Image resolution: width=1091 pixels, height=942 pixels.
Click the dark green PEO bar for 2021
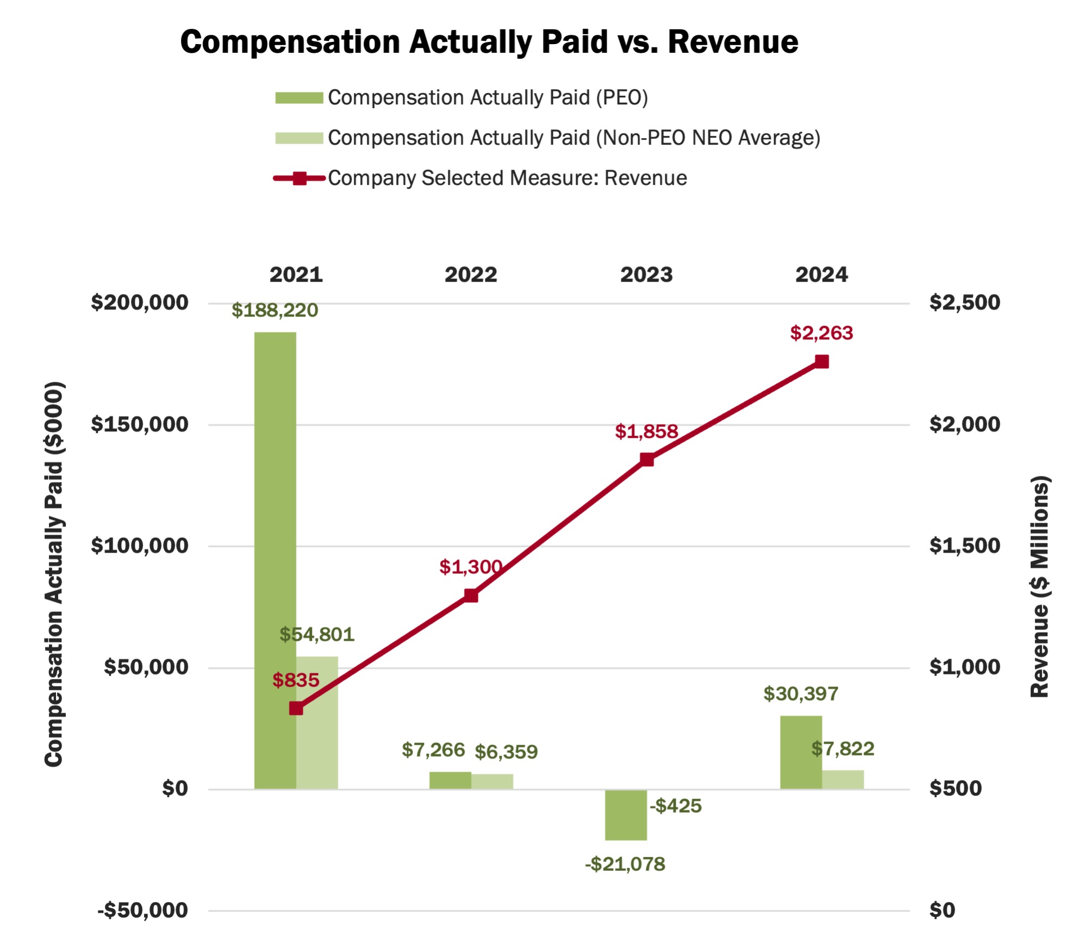point(275,560)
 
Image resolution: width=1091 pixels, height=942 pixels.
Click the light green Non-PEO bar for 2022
point(492,781)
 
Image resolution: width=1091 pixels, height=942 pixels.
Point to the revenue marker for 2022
point(471,596)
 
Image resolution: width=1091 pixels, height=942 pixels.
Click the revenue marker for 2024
point(822,362)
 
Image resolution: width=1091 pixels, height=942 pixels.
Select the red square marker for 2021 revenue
point(296,708)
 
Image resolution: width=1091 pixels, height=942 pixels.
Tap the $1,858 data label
point(646,432)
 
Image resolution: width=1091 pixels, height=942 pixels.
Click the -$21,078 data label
point(625,864)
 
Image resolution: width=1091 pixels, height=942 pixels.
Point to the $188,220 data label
point(275,311)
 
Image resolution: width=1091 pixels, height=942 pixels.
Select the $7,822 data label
point(843,749)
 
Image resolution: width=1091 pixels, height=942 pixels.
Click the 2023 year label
point(646,275)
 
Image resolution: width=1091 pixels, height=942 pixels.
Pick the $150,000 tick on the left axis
point(140,424)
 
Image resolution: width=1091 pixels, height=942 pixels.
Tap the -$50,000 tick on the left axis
point(143,910)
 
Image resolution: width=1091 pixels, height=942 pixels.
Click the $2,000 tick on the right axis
point(964,424)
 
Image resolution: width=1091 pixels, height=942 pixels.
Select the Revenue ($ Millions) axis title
point(1039,587)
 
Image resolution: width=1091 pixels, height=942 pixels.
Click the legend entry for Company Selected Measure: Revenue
point(507,178)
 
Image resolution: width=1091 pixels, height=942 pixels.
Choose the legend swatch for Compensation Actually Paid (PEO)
point(299,98)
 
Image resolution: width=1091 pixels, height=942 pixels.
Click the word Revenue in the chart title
point(733,42)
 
